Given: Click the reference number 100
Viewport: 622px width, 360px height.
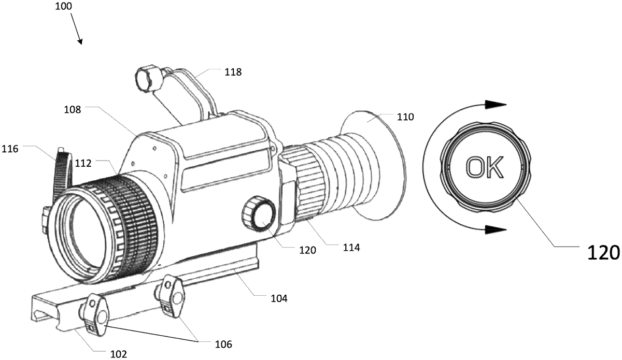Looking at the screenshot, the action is (x=64, y=6).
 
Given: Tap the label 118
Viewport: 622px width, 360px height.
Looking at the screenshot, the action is (x=233, y=72).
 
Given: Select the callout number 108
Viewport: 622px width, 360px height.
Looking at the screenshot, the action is (x=73, y=110).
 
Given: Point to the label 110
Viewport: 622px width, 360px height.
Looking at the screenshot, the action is (x=405, y=117).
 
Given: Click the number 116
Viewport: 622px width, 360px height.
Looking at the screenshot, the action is (x=10, y=149).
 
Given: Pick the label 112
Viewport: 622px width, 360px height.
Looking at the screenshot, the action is (x=83, y=163).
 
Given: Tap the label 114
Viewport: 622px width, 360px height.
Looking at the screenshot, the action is (x=351, y=247).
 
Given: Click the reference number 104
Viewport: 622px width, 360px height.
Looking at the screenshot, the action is (x=279, y=299).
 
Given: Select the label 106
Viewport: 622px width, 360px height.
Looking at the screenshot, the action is (x=223, y=344).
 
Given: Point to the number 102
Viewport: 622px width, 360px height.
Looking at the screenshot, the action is (x=119, y=354).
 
